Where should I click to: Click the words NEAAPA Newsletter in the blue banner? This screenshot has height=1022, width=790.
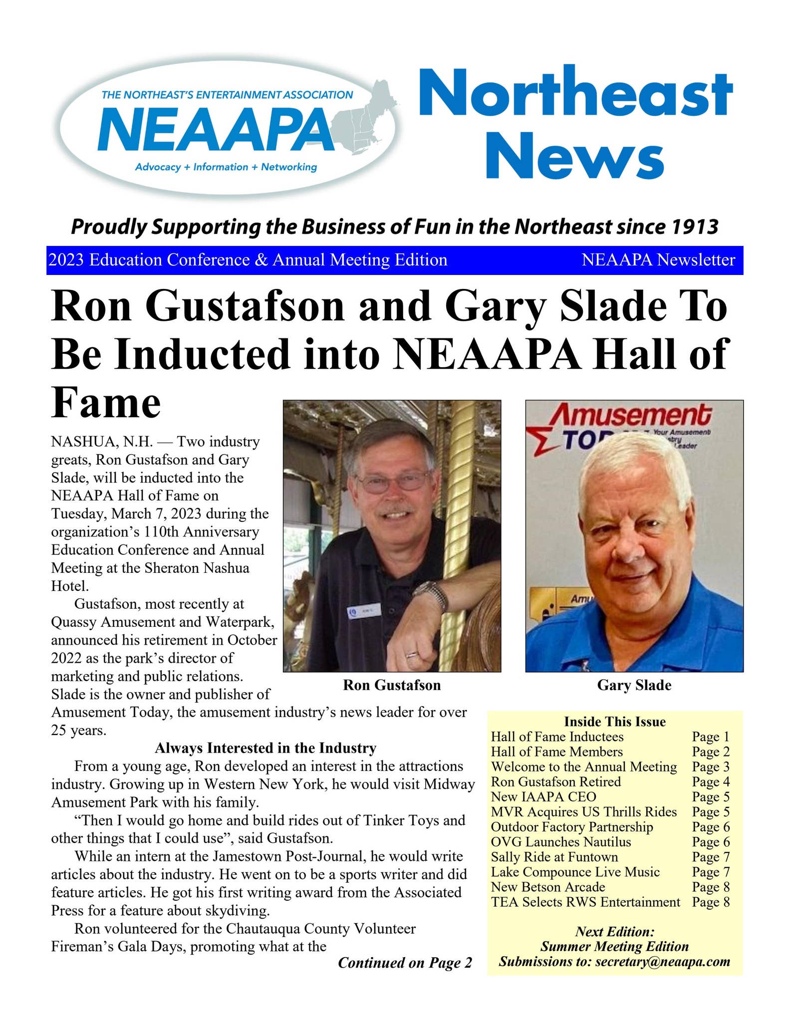[x=658, y=260]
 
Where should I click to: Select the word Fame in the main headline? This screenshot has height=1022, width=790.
[x=106, y=403]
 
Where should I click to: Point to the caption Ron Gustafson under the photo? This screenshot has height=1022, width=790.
[x=392, y=685]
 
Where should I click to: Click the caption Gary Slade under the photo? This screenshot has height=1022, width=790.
[x=634, y=685]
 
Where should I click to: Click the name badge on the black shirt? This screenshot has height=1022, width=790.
[x=360, y=612]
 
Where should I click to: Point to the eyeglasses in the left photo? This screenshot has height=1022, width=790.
[x=394, y=482]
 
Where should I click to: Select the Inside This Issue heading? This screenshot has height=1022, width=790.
[x=615, y=722]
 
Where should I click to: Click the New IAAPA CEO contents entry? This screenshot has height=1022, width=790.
[x=543, y=796]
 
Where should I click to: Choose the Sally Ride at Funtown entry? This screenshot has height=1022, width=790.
[x=554, y=857]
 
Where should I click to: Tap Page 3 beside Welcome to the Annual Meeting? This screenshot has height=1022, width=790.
[x=711, y=766]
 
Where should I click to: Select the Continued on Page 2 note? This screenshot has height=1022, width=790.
[x=405, y=963]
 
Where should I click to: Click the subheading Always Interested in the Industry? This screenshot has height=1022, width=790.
[x=265, y=748]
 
